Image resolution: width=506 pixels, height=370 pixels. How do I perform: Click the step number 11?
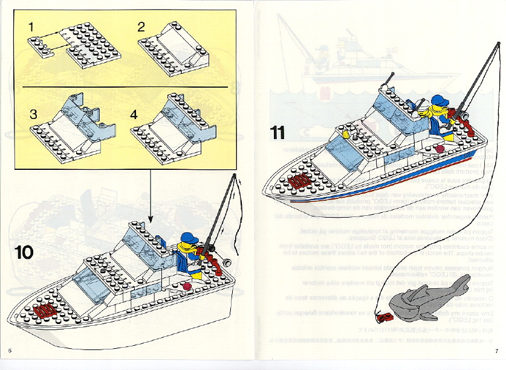coord(277,132)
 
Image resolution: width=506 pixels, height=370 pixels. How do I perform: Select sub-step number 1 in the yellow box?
coord(31,27)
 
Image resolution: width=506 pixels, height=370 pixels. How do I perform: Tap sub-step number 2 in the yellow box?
coord(141,27)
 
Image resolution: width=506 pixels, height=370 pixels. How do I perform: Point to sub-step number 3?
coord(33,114)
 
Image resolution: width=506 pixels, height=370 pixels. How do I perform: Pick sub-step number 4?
coord(135,114)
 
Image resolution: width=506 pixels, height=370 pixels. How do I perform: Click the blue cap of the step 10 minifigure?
coord(190,238)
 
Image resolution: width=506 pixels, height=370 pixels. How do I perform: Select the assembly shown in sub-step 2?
coord(172,52)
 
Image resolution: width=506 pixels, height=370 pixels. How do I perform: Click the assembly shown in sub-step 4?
coord(172,124)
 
